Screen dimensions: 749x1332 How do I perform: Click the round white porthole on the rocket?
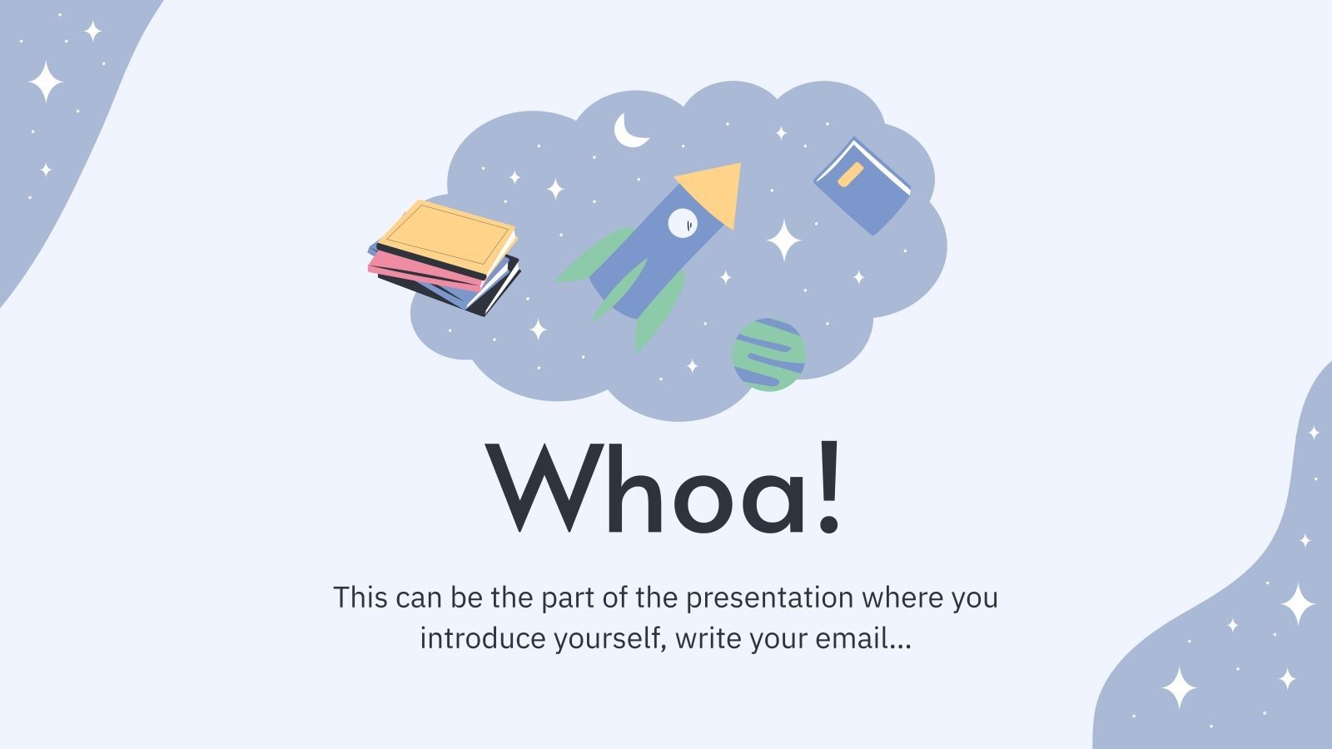[x=682, y=222]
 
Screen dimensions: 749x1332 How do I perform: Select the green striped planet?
[x=768, y=355]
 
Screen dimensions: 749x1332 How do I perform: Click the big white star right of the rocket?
[x=783, y=241]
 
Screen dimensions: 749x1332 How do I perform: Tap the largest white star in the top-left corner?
[x=46, y=82]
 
